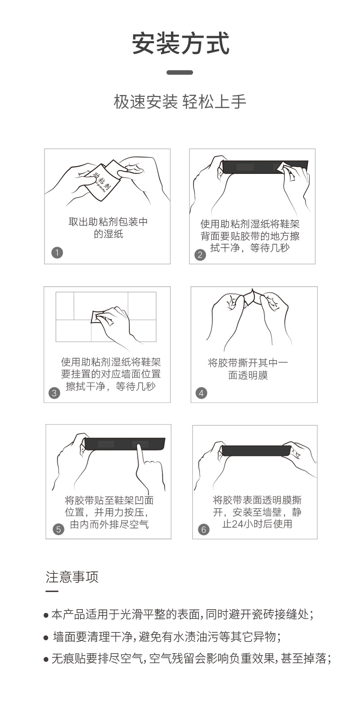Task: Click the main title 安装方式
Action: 180,43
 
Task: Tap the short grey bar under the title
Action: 180,72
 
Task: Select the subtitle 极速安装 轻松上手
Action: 180,102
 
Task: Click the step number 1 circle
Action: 57,253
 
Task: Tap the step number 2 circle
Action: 200,255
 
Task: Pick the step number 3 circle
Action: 54,393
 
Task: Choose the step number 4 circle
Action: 201,393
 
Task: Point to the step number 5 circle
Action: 58,529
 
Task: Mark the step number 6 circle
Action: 204,529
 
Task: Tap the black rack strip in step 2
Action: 265,167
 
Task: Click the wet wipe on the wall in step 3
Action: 98,316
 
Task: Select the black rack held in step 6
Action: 256,450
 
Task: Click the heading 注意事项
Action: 72,577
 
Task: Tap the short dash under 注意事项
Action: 52,591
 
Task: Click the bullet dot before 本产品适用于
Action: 46,615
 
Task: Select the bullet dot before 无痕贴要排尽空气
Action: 46,659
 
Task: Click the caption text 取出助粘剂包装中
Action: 108,221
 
